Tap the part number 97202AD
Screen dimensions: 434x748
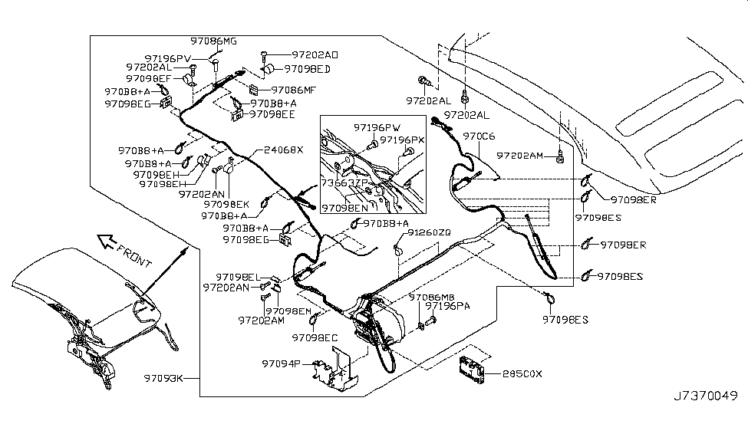(315, 55)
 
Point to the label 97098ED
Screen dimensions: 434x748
(307, 68)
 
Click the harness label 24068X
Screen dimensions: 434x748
(284, 150)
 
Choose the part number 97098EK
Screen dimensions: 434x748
(227, 205)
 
